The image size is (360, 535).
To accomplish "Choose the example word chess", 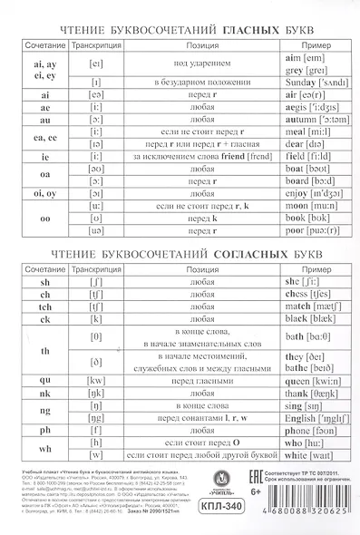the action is [x=270, y=295].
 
